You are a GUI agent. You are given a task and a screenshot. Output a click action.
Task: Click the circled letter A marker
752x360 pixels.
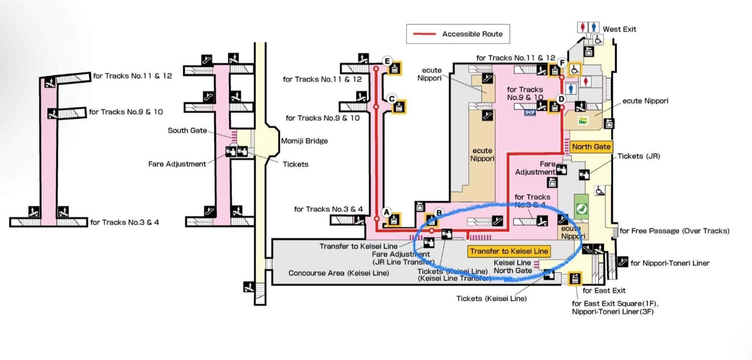(387, 212)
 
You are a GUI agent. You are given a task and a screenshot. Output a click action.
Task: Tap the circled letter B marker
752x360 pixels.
(438, 213)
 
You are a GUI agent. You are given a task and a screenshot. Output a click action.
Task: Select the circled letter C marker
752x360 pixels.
(392, 99)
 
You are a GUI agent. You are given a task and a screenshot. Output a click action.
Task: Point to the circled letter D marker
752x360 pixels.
(561, 99)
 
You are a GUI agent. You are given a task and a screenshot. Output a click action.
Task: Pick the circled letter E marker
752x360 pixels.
(387, 61)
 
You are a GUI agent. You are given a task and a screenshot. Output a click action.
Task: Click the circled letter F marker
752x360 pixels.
(562, 63)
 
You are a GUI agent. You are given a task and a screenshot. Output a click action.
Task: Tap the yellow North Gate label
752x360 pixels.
(591, 147)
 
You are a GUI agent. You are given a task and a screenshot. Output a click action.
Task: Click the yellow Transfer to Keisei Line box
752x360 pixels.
(509, 251)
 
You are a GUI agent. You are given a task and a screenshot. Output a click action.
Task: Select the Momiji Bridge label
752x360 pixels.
(304, 141)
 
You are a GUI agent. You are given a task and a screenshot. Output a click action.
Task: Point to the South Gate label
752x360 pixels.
(187, 130)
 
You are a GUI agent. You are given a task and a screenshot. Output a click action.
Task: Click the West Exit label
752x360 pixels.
(619, 29)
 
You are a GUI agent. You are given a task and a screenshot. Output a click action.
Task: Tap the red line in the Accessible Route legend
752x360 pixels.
(425, 34)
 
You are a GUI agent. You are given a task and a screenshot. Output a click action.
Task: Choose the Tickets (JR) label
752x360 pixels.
(638, 156)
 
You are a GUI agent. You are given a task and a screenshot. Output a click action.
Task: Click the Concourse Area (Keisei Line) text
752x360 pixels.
(338, 273)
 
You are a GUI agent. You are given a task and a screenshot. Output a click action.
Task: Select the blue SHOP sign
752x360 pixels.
(530, 112)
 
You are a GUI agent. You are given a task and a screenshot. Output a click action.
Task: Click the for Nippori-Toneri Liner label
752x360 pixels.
(670, 263)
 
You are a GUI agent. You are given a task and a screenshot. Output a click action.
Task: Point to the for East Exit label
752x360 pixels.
(604, 290)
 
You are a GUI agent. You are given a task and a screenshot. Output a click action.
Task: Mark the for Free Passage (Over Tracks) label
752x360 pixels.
(674, 231)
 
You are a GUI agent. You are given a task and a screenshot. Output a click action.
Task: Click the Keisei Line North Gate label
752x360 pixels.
(512, 266)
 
